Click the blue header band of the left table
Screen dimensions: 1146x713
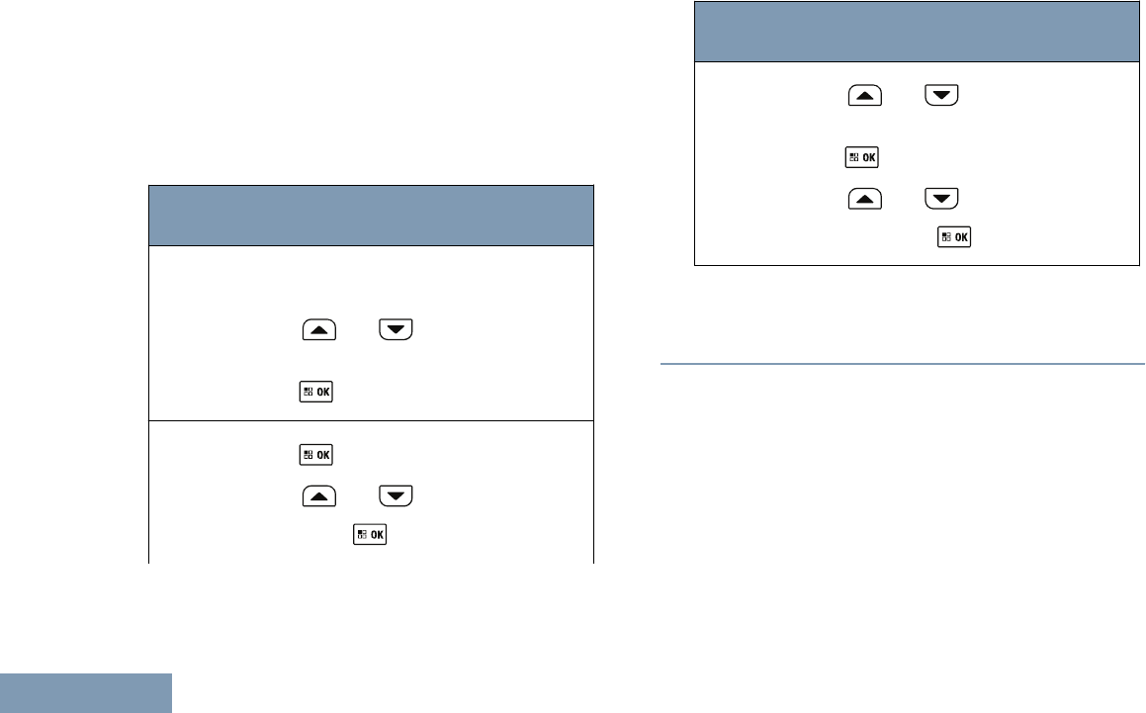click(x=371, y=215)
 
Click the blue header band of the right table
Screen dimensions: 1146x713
click(x=917, y=32)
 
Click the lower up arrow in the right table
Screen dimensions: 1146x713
click(x=863, y=198)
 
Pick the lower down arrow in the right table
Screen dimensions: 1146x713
click(x=942, y=198)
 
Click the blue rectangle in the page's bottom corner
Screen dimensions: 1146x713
click(x=85, y=693)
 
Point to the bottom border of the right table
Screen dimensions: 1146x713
click(x=917, y=265)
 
